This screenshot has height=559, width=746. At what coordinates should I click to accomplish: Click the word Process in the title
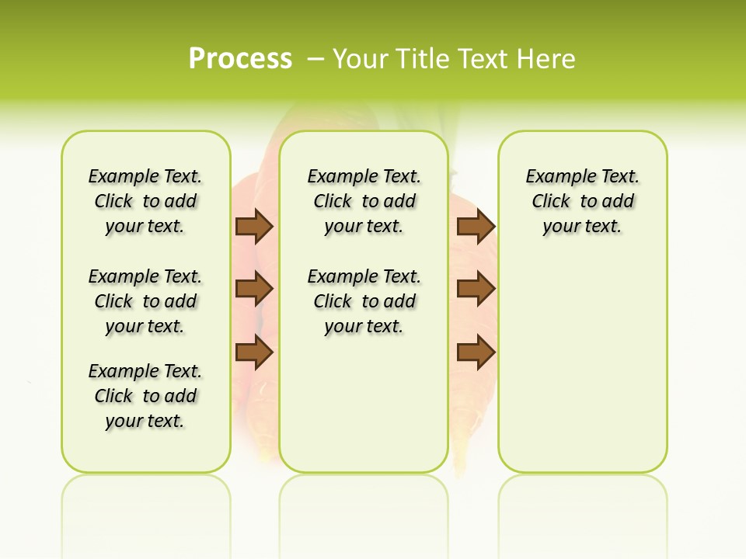tap(240, 58)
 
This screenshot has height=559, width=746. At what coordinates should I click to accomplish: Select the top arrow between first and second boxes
tap(254, 227)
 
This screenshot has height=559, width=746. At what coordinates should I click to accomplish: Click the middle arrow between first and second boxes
tap(254, 290)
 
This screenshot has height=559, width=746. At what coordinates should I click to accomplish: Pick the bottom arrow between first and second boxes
tap(254, 353)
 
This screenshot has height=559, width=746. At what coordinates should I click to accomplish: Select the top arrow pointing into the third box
tap(476, 227)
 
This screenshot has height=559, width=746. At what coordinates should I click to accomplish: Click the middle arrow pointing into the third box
tap(476, 290)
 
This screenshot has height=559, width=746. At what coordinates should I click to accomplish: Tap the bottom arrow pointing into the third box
tap(476, 353)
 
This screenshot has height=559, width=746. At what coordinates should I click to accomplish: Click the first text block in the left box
tap(145, 201)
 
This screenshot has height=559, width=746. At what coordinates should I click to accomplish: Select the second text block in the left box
tap(145, 301)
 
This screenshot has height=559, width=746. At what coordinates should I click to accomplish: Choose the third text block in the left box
tap(145, 396)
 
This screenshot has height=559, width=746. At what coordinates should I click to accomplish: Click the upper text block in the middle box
tap(364, 201)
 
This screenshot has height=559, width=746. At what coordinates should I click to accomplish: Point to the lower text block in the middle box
tap(364, 301)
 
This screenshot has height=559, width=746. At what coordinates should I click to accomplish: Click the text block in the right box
tap(582, 201)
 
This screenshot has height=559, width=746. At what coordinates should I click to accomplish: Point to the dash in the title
tap(315, 58)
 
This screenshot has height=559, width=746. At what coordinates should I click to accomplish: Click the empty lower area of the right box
tap(582, 365)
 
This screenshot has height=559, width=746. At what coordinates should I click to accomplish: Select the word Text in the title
tap(482, 58)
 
